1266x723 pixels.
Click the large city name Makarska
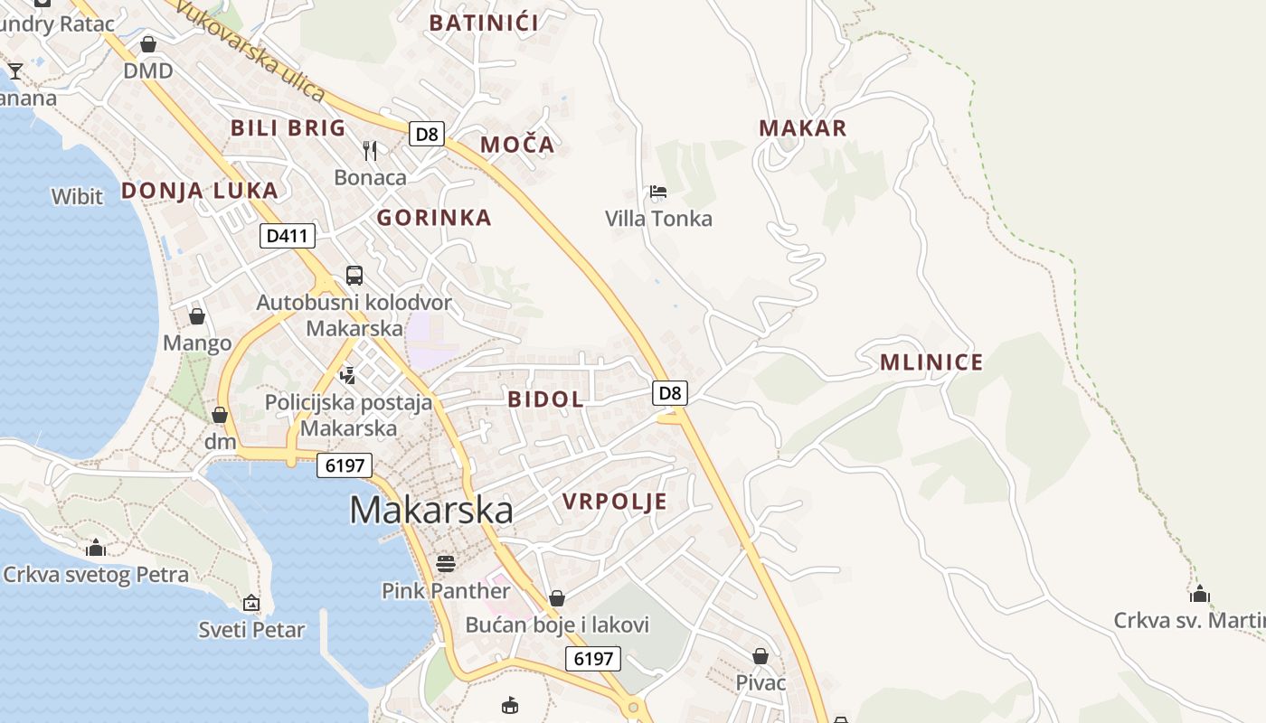pyautogui.click(x=431, y=510)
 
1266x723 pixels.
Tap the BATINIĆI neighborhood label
pyautogui.click(x=484, y=23)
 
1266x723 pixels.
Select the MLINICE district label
pyautogui.click(x=931, y=362)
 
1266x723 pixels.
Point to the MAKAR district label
pyautogui.click(x=803, y=128)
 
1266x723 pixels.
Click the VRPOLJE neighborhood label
pyautogui.click(x=615, y=502)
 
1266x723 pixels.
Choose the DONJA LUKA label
pyautogui.click(x=200, y=191)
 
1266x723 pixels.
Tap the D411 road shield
pyautogui.click(x=288, y=237)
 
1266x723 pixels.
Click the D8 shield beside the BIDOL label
pyautogui.click(x=669, y=393)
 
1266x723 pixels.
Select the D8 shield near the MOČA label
pyautogui.click(x=426, y=135)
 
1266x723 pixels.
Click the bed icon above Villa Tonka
pyautogui.click(x=658, y=192)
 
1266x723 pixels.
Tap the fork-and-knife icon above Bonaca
pyautogui.click(x=370, y=150)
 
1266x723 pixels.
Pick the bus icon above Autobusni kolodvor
pyautogui.click(x=354, y=275)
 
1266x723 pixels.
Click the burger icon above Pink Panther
pyautogui.click(x=445, y=563)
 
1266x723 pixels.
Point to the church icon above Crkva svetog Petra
pyautogui.click(x=95, y=548)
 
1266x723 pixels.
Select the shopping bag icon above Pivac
pyautogui.click(x=761, y=655)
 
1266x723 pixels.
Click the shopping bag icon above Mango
pyautogui.click(x=197, y=316)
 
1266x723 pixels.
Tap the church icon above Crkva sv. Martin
pyautogui.click(x=1200, y=594)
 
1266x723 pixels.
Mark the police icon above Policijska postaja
pyautogui.click(x=348, y=375)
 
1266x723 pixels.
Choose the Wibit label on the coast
pyautogui.click(x=77, y=196)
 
